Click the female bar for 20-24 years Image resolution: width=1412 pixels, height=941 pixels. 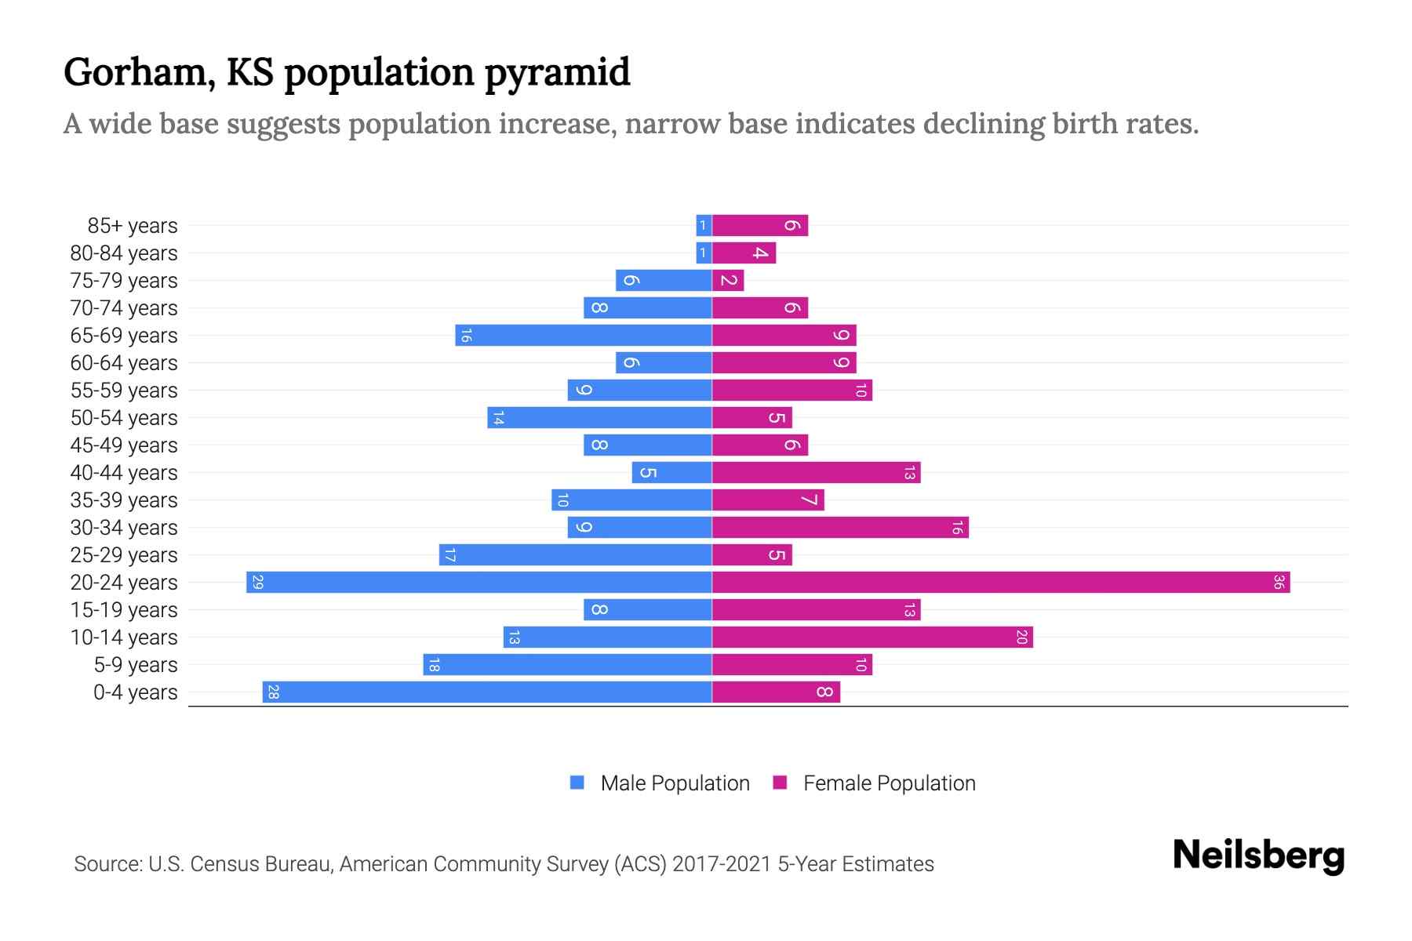coord(1000,582)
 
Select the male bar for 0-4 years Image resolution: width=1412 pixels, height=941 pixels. coord(486,692)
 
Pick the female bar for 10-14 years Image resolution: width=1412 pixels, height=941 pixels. coord(872,637)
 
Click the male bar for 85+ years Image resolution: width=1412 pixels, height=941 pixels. coord(704,225)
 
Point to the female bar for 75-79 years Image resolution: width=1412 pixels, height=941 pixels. coord(728,280)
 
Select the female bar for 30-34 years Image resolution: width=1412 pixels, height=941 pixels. coord(839,527)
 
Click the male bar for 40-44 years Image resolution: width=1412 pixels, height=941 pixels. coord(671,472)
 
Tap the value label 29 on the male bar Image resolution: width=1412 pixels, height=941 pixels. coord(257,582)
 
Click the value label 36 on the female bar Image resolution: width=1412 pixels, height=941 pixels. coord(1278,582)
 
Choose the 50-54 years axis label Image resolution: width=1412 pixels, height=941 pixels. coord(124,417)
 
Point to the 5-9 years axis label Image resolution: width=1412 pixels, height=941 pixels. coord(135,664)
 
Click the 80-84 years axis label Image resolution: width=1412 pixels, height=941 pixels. coord(124,253)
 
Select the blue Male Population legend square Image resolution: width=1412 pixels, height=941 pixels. coord(577,783)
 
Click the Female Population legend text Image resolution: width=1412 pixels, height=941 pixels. coord(889,783)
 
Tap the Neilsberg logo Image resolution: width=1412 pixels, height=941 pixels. coord(1258,855)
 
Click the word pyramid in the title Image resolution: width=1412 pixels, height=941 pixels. coord(557,73)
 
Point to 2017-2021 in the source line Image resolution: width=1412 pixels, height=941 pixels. coord(721,863)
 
